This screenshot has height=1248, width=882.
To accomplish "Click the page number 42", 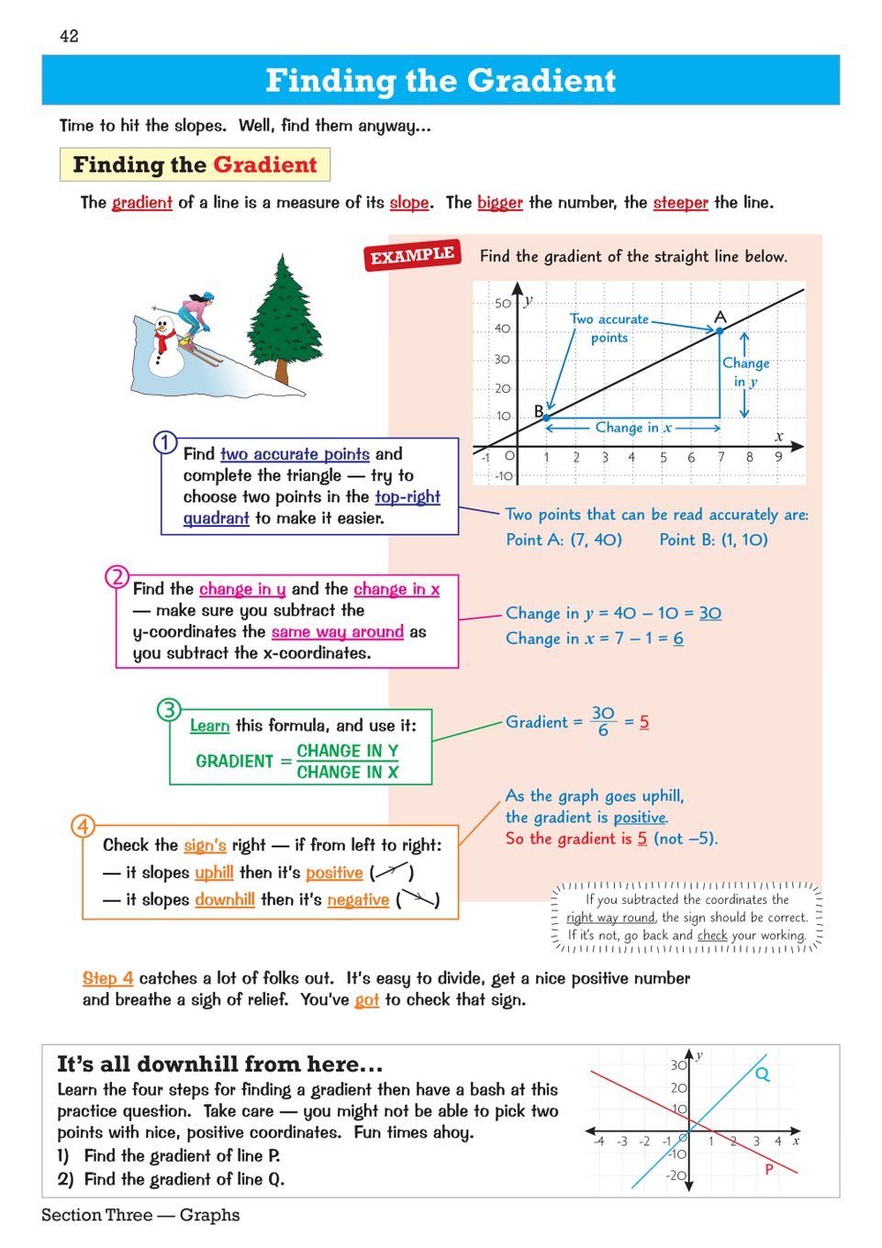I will tap(69, 36).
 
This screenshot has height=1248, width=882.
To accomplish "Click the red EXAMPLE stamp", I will tap(412, 255).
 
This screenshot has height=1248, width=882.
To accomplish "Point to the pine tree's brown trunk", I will tap(283, 372).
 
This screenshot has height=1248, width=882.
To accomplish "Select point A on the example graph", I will tap(720, 330).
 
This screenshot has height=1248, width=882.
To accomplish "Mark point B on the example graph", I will tap(547, 418).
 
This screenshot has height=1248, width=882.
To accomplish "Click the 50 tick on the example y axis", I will tap(502, 303).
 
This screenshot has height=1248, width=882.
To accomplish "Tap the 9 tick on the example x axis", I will tap(778, 457).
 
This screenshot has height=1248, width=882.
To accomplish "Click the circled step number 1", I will tap(165, 442).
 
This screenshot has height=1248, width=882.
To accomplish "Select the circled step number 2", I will tap(117, 576).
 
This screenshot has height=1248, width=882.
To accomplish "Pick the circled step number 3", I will tap(169, 709).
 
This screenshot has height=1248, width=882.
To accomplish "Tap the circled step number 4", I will tap(84, 826).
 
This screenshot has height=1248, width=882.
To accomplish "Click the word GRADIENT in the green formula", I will tap(234, 761).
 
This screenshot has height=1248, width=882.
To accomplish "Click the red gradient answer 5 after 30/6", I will tap(644, 722).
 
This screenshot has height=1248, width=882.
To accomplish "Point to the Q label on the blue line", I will tap(763, 1074).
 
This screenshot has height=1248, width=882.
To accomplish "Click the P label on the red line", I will tap(769, 1169).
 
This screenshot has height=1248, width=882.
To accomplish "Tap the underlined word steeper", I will tap(680, 203).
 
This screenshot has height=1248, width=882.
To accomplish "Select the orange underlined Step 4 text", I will tap(107, 978).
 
